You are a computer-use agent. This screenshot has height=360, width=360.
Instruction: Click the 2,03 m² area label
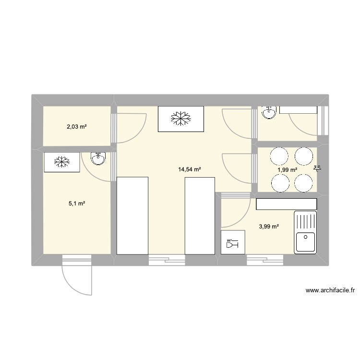76,127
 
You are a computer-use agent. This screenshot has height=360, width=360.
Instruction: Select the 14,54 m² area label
189,169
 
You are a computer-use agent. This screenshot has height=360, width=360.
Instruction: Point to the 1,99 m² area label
288,169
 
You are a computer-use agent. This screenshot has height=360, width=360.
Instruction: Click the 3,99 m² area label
269,227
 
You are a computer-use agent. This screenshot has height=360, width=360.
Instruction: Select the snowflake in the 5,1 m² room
61,162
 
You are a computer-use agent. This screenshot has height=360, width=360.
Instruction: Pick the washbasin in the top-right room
269,112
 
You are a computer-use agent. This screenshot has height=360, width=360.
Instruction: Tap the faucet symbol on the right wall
317,168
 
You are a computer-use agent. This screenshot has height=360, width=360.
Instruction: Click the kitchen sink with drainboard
305,232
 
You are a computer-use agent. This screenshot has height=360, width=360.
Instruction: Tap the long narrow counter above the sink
287,204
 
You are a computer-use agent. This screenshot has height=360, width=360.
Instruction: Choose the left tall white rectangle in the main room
132,215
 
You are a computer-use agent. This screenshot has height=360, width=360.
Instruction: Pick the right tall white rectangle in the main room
200,215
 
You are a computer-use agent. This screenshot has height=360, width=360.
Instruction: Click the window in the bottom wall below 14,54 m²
167,260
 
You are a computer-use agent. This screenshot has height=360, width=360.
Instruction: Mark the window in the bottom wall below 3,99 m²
265,260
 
